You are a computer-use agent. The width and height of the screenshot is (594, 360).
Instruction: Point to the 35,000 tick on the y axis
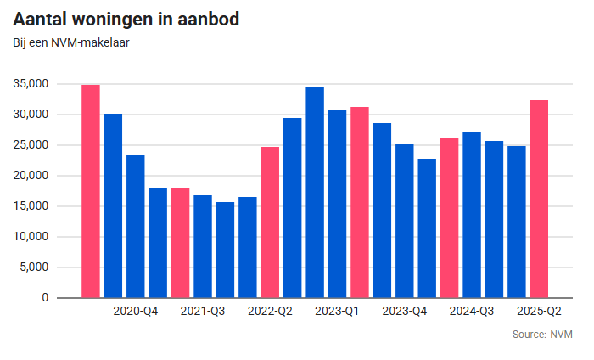(31, 84)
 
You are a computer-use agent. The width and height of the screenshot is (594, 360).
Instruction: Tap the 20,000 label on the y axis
(31, 176)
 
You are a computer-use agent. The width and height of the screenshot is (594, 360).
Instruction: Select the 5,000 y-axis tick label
(34, 267)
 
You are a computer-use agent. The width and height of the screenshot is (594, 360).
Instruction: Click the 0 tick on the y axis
(45, 298)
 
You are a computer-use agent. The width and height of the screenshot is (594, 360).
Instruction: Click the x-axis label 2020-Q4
(136, 312)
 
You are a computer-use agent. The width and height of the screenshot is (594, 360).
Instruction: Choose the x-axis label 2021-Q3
(203, 312)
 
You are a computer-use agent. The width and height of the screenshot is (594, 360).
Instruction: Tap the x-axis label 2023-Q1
(338, 312)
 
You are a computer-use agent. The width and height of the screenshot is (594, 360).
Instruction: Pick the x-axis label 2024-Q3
(472, 312)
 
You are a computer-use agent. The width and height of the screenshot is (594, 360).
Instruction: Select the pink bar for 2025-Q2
(539, 200)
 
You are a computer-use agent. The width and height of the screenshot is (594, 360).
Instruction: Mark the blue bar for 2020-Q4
(136, 226)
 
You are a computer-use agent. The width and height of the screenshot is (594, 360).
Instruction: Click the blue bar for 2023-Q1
(338, 204)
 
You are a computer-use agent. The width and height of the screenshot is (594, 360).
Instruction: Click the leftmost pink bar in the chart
(91, 191)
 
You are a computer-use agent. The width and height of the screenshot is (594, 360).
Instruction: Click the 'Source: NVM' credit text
(541, 335)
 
